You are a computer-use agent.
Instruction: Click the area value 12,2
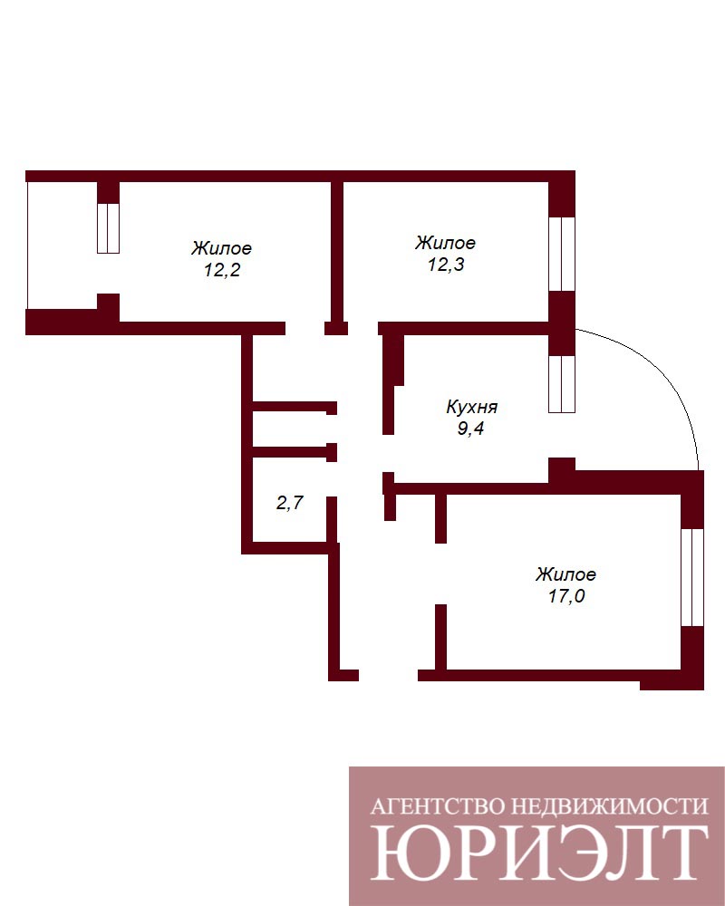coord(222,270)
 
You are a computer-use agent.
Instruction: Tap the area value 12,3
coord(446,265)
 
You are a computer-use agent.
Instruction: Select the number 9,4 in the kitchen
coord(470,429)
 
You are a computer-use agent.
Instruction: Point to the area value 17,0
coord(566,596)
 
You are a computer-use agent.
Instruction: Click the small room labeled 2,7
coord(290,503)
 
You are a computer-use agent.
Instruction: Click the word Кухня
coord(472,407)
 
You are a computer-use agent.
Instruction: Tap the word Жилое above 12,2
coord(221,248)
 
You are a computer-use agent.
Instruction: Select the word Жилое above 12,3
coord(445,243)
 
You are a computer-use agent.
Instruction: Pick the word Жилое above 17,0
coord(565,574)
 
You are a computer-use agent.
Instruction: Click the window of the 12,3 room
coord(562,254)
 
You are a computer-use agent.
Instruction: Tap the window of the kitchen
coord(562,383)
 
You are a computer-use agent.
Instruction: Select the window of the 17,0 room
coord(692,577)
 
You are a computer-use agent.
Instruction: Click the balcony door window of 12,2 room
coord(108,228)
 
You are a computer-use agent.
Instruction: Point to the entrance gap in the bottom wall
coord(389,675)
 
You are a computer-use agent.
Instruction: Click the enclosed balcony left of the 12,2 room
coord(62,246)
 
